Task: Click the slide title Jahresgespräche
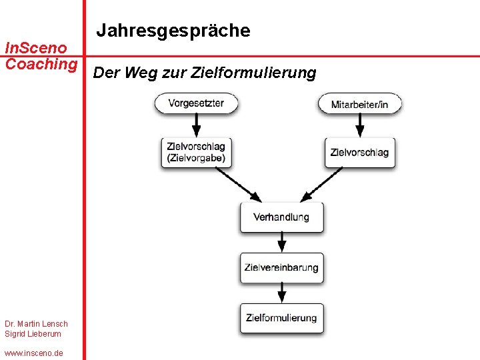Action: click(x=173, y=31)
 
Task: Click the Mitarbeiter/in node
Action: click(x=360, y=104)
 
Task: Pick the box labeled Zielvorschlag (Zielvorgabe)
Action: click(x=195, y=153)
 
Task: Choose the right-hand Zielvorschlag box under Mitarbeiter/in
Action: click(x=359, y=153)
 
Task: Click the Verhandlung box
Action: click(x=281, y=217)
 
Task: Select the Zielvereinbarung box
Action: click(x=281, y=268)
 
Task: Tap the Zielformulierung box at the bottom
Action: click(x=281, y=318)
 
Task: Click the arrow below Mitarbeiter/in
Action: click(x=360, y=125)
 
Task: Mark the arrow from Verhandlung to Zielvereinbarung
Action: click(x=281, y=241)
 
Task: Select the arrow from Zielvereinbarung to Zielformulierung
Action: click(x=281, y=292)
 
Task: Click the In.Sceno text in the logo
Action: click(x=36, y=48)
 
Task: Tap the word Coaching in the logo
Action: click(x=41, y=64)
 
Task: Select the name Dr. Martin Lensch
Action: click(x=36, y=324)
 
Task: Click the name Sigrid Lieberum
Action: click(x=33, y=334)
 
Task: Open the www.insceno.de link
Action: click(x=33, y=353)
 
